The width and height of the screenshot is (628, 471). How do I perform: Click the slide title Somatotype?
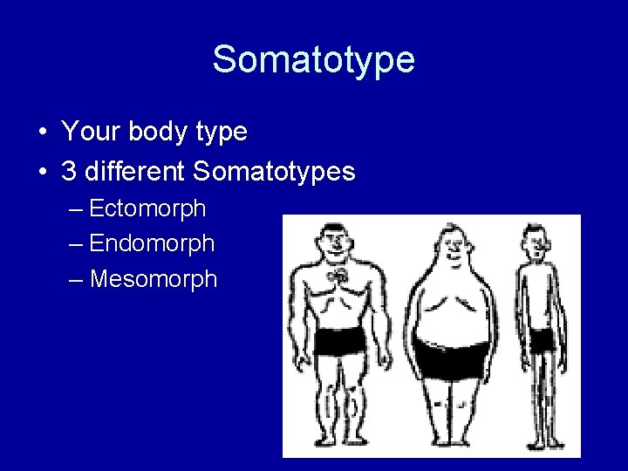click(314, 59)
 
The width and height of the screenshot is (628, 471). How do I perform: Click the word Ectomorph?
click(147, 208)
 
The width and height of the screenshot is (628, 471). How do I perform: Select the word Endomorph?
click(152, 243)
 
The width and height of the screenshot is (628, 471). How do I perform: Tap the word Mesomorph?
click(153, 279)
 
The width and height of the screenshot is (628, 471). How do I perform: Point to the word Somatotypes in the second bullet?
click(274, 171)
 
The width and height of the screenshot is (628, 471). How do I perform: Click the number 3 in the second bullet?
click(69, 171)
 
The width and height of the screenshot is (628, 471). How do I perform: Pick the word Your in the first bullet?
click(91, 133)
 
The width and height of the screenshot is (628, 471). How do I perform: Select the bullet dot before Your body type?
click(42, 133)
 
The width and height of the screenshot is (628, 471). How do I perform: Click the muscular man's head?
click(332, 242)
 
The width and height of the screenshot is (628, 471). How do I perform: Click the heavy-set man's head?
click(452, 246)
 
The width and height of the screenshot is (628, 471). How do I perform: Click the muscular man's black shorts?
click(338, 341)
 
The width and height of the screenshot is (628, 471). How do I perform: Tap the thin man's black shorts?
click(542, 340)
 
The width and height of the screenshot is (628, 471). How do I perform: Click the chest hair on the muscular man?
click(337, 276)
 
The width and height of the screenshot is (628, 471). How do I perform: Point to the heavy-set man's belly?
click(450, 314)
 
